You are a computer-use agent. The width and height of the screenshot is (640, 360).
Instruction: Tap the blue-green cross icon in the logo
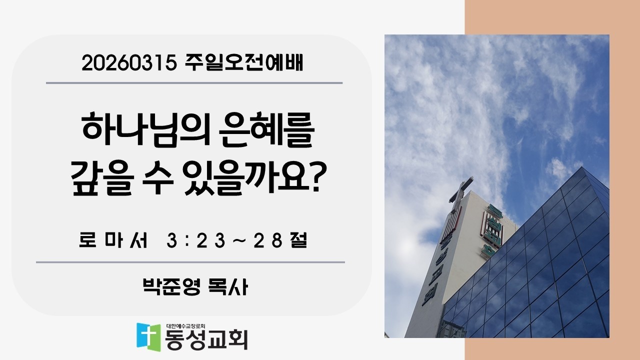click(149, 336)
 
